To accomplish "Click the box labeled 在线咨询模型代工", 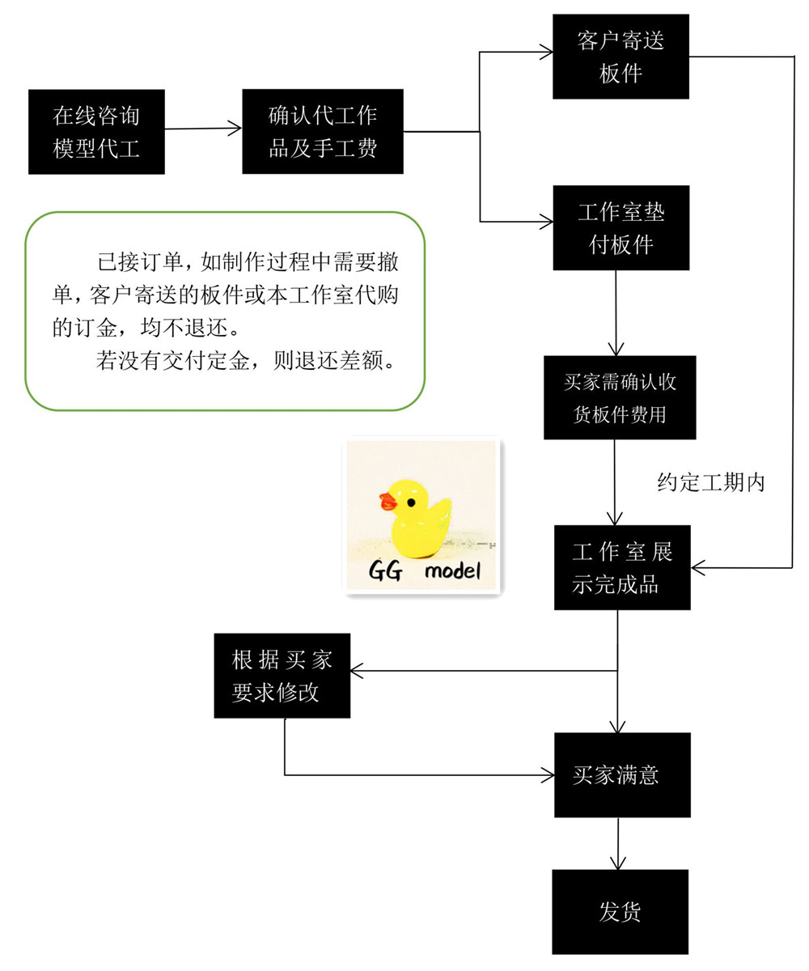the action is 96,132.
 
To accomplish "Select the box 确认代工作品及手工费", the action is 323,132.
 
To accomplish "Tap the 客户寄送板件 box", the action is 621,57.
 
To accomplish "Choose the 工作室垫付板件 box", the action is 621,228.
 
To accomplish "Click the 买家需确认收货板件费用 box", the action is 620,397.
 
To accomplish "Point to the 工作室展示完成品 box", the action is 622,567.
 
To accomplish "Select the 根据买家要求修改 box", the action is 282,676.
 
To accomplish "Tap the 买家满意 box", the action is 622,775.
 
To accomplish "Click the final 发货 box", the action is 621,912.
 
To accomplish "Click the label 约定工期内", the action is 711,482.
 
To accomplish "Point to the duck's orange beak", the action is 388,502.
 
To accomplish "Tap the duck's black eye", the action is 411,502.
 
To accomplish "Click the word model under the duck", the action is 452,570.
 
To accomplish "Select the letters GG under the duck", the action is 385,570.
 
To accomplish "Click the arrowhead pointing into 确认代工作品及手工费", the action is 235,129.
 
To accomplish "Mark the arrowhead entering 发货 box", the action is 618,863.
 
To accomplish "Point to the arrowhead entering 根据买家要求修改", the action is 357,671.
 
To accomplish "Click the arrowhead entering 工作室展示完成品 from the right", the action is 698,567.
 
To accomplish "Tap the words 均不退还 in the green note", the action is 184,328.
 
